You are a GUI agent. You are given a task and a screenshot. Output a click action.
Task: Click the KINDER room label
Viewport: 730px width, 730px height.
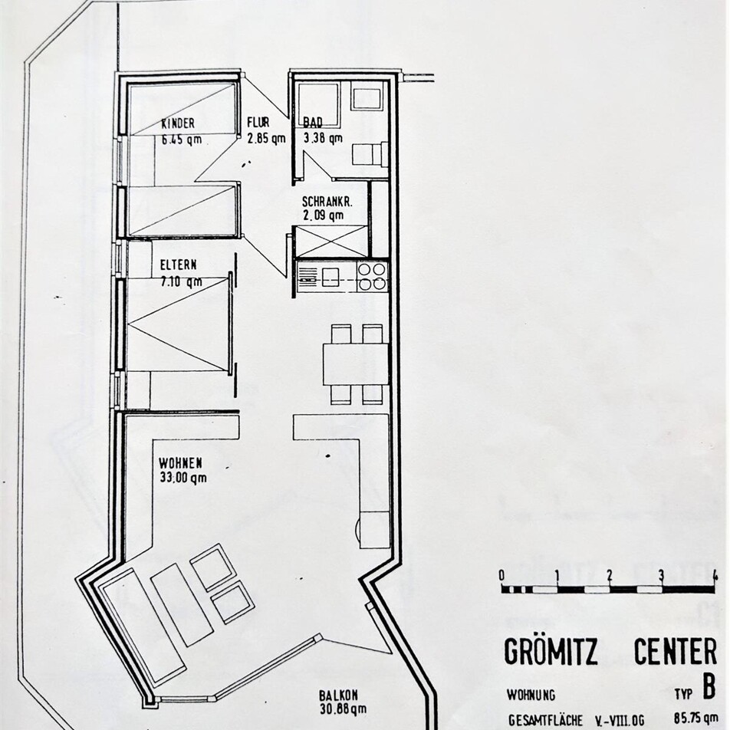coord(178,124)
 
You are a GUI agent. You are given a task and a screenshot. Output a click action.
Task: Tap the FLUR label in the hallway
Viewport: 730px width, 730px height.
coord(258,123)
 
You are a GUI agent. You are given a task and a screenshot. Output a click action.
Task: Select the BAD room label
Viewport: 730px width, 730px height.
coord(313,123)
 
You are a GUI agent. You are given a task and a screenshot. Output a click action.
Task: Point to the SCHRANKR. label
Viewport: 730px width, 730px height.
coord(327,202)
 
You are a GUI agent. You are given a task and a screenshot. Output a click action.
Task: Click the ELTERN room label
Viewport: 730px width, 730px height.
coord(179,265)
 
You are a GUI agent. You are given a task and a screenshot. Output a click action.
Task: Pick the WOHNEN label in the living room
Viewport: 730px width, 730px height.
coord(181,464)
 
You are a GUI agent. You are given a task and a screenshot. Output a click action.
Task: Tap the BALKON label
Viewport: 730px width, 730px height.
coord(338,695)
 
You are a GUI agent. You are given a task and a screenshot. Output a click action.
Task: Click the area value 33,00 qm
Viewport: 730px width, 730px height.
coord(182,478)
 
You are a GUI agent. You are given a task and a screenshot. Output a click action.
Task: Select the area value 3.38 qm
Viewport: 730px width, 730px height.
coord(323,138)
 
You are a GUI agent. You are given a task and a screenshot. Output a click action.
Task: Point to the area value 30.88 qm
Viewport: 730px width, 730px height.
coord(343,709)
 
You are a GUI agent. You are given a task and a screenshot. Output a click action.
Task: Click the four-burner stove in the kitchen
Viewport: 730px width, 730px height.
coord(372,277)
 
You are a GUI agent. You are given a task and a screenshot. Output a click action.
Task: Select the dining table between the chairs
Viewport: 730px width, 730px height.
coord(356,364)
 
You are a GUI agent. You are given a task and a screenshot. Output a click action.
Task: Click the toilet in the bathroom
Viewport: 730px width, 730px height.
coord(370,153)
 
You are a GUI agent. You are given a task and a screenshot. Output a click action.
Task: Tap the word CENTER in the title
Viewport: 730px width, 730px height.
coord(676,651)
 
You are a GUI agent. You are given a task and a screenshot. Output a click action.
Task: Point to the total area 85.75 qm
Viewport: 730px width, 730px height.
coord(693,720)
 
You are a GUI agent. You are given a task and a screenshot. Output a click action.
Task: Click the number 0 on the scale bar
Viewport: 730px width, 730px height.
coord(501,575)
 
